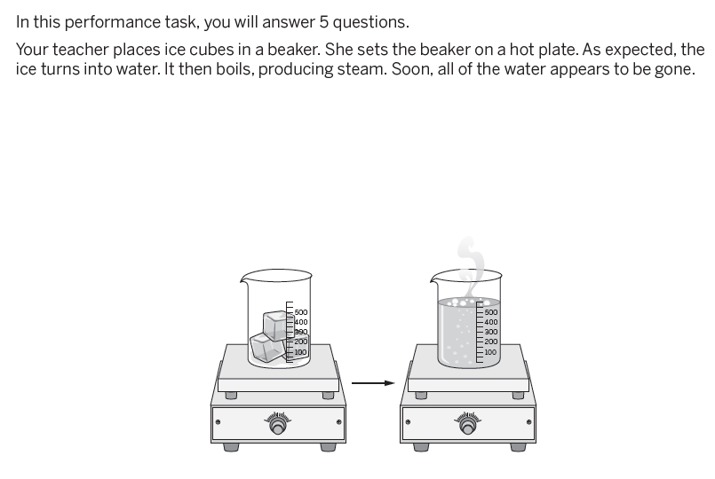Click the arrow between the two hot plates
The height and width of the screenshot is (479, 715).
point(373,383)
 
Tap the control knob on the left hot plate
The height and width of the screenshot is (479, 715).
point(277,426)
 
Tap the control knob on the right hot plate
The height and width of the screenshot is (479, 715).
point(467,426)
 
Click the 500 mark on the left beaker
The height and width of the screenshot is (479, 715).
point(301,312)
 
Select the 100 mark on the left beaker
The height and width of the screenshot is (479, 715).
point(300,352)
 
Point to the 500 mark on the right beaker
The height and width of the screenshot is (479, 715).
point(490,312)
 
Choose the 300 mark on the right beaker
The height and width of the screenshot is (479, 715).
point(490,332)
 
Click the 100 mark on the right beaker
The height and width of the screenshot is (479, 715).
point(490,352)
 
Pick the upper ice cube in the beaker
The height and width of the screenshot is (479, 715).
point(276,326)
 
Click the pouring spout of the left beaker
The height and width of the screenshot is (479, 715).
point(244,277)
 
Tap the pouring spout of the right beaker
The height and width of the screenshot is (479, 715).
point(434,277)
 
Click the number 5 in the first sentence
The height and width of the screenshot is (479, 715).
point(324,22)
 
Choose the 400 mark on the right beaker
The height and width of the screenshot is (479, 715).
point(490,322)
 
